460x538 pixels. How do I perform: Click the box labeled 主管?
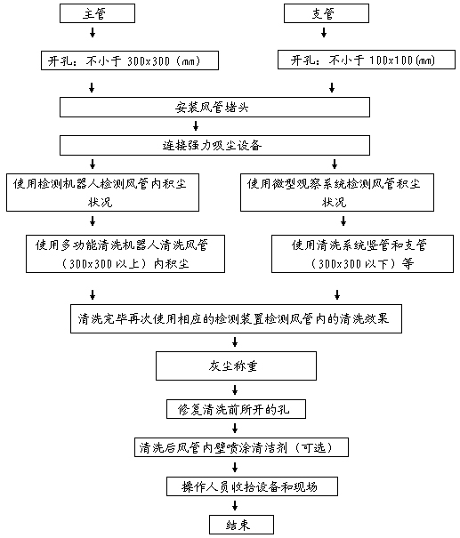[x=97, y=13]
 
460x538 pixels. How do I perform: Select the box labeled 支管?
[x=327, y=13]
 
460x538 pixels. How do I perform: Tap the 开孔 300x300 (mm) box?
[x=130, y=60]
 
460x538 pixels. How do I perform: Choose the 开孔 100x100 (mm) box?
[x=367, y=60]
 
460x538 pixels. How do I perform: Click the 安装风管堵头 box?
[x=214, y=107]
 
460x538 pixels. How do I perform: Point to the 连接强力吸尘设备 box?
[x=214, y=146]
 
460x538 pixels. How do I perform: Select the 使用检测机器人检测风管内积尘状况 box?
[x=102, y=192]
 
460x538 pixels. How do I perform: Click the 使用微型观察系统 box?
[x=337, y=192]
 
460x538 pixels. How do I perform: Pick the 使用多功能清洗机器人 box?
[x=125, y=254]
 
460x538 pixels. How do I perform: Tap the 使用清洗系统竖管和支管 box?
[x=362, y=254]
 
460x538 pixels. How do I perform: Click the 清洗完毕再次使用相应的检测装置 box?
[x=236, y=318]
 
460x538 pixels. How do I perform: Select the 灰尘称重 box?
[x=236, y=365]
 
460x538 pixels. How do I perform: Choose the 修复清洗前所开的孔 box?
[x=236, y=409]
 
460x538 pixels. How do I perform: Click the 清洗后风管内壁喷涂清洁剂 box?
[x=241, y=447]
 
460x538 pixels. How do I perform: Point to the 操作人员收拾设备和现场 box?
[x=253, y=486]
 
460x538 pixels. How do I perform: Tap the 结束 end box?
[x=242, y=525]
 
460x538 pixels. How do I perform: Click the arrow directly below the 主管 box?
[x=93, y=33]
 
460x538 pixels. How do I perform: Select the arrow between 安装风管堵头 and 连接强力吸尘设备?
[x=196, y=126]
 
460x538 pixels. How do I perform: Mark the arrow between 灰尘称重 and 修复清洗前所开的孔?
[x=235, y=390]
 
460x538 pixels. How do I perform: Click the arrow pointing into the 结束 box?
[x=235, y=506]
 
